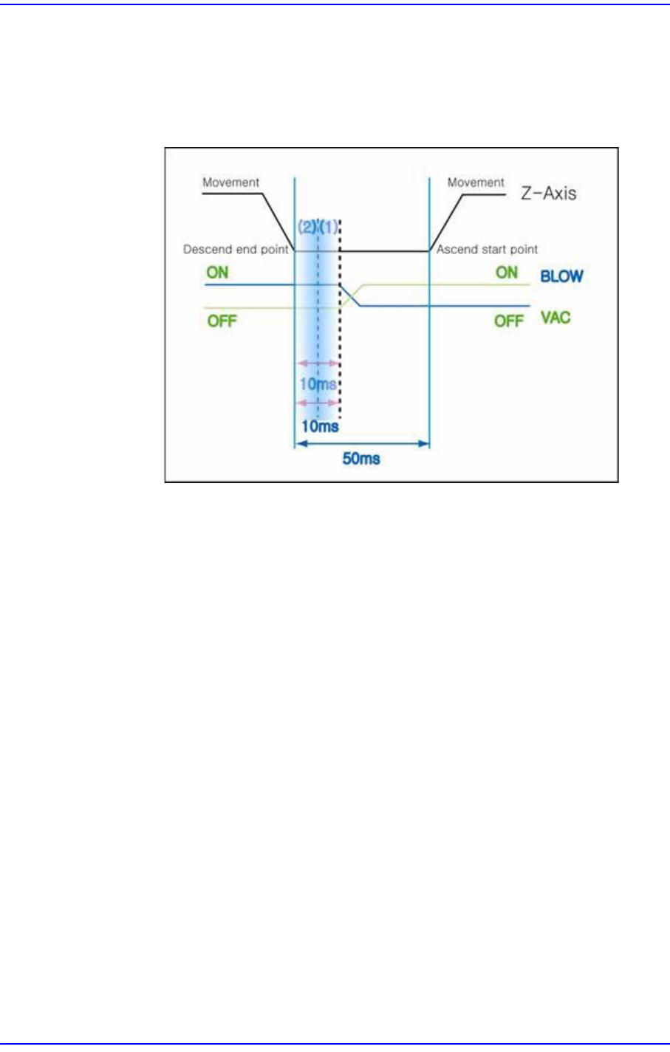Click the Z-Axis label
point(549,194)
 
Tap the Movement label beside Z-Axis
point(476,182)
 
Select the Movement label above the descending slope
point(231,182)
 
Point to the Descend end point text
point(236,250)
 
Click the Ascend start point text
point(487,250)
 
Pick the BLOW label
point(561,276)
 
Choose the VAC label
point(556,318)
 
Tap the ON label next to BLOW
point(507,273)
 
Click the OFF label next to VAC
point(508,321)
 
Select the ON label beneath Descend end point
point(217,273)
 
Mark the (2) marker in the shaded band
point(307,228)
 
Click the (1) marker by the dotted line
point(329,228)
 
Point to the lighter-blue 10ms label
point(318,384)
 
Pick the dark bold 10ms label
point(320,426)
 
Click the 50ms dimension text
point(361,459)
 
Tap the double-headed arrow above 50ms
point(361,443)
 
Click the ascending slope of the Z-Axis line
point(446,222)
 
